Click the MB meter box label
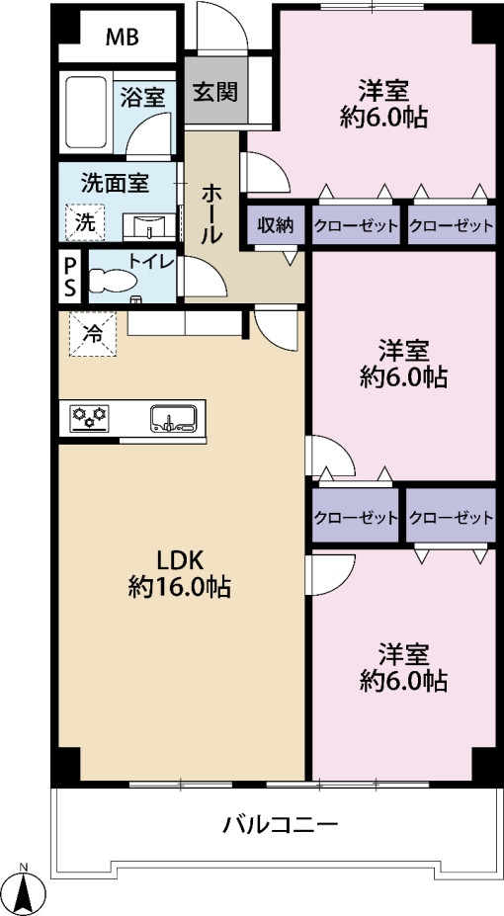coord(123,38)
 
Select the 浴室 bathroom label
coord(142,98)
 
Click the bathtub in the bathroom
coord(86,113)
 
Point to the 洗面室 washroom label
coord(115,185)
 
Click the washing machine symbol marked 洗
coord(85,222)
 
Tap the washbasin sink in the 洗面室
coord(149,226)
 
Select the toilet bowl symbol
coord(113,280)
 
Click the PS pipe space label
coord(70,277)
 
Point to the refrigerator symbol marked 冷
coord(92,334)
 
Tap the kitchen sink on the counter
coord(171,419)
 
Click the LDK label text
coord(179,561)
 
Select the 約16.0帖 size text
coord(179,587)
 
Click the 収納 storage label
coord(276,225)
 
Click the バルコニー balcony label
coord(281,826)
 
